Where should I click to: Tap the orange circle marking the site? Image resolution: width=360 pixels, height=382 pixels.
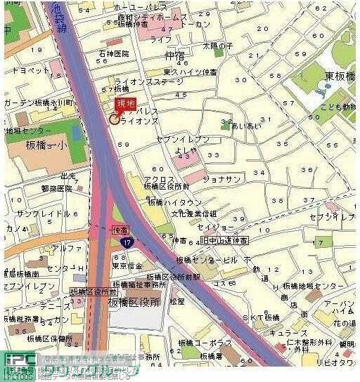click(113, 119)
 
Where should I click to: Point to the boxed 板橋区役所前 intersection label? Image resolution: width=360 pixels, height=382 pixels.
click(93, 291)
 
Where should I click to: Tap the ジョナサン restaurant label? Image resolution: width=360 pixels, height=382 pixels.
click(221, 179)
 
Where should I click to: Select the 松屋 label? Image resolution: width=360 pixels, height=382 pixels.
click(176, 301)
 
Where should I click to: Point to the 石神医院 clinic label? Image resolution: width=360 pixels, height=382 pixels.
click(114, 53)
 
